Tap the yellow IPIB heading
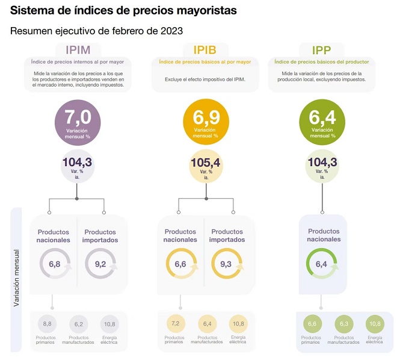tap(205, 50)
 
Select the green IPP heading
tap(322, 50)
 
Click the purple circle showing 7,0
tap(78, 121)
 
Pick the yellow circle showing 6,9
tap(205, 121)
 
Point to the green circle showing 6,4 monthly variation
tap(322, 121)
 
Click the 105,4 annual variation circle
tap(206, 167)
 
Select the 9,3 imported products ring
tap(227, 264)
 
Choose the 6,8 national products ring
tap(54, 264)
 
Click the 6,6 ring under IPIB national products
tap(180, 264)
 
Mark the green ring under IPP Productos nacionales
tap(321, 264)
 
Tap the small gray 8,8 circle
tap(46, 324)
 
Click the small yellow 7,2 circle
tap(175, 324)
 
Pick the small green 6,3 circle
tap(343, 324)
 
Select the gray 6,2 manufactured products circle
tap(78, 324)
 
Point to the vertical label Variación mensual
tap(16, 279)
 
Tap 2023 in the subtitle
tap(170, 30)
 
